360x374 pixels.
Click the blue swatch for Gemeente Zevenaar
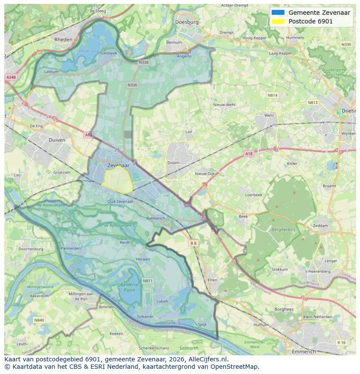pyautogui.click(x=277, y=13)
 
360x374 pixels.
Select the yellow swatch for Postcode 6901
pyautogui.click(x=277, y=21)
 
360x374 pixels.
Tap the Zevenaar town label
pyautogui.click(x=118, y=166)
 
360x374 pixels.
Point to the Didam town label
pyautogui.click(x=173, y=163)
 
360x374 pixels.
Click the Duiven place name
pyautogui.click(x=57, y=140)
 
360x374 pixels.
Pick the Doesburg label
pyautogui.click(x=187, y=22)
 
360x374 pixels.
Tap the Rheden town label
pyautogui.click(x=63, y=39)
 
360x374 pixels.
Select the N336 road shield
pyautogui.click(x=132, y=85)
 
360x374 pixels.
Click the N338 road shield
pyautogui.click(x=143, y=63)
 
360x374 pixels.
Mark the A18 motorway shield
pyautogui.click(x=248, y=154)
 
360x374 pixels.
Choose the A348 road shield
pyautogui.click(x=10, y=77)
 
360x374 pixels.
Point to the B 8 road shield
pyautogui.click(x=193, y=244)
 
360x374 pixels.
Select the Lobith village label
pyautogui.click(x=162, y=301)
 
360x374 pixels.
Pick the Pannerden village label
pyautogui.click(x=70, y=249)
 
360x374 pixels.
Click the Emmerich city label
pyautogui.click(x=304, y=351)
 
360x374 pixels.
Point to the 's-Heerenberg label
pyautogui.click(x=318, y=271)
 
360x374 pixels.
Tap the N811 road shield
pyautogui.click(x=148, y=281)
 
